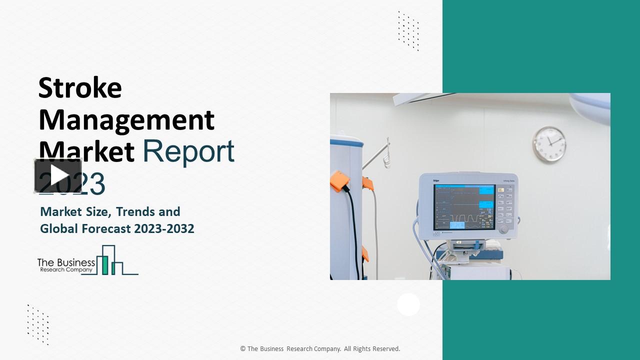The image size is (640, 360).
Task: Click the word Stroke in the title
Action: (x=80, y=88)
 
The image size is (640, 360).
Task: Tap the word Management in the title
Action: (x=126, y=120)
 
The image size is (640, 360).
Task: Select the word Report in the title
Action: (x=188, y=151)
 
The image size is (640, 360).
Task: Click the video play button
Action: (x=58, y=175)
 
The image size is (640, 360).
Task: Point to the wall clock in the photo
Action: (x=549, y=144)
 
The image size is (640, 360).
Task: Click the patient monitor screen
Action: (x=464, y=206)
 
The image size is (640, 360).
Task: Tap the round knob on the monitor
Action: (x=503, y=229)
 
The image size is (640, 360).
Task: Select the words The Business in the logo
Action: (x=66, y=262)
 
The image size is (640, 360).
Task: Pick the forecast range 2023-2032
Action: (x=163, y=228)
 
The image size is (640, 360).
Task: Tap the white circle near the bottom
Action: (x=408, y=304)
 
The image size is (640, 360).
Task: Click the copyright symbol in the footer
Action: (x=242, y=349)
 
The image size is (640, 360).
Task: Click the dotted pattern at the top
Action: (x=408, y=31)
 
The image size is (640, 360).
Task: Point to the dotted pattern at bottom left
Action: (x=38, y=324)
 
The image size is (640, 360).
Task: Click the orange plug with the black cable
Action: (x=340, y=180)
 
